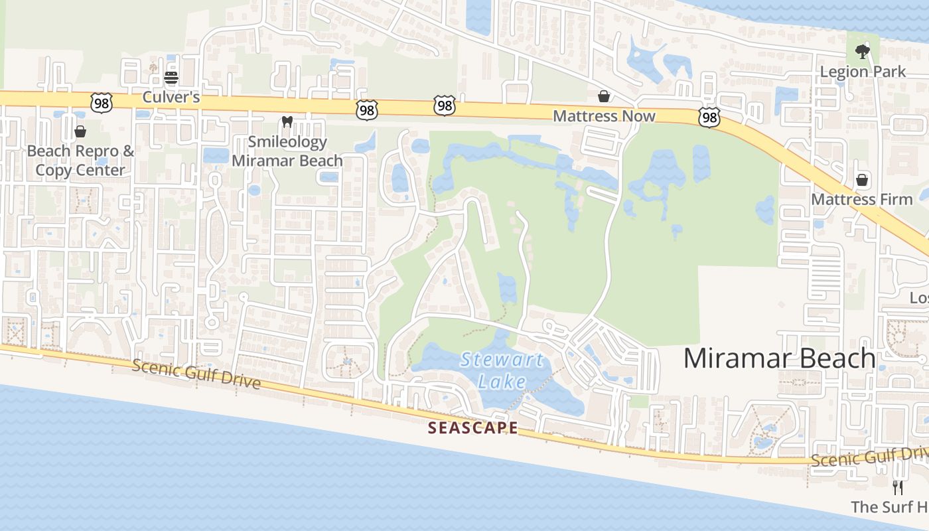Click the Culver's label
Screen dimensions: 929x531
tap(171, 98)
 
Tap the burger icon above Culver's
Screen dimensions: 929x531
tap(171, 78)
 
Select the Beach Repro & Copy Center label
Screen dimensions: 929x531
tap(80, 161)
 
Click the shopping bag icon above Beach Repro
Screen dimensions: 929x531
tap(80, 131)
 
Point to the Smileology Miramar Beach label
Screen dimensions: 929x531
tap(287, 151)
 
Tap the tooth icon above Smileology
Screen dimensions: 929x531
tap(287, 121)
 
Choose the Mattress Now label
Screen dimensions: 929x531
tap(604, 116)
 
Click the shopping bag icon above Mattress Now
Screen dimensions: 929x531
tap(604, 97)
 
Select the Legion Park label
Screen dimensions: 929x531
tap(863, 72)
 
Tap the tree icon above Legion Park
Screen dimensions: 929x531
tap(862, 51)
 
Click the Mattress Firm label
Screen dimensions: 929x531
tap(862, 199)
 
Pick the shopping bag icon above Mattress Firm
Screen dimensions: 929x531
tap(862, 180)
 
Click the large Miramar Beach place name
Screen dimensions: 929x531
tap(779, 358)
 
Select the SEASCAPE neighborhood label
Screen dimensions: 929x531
tap(472, 428)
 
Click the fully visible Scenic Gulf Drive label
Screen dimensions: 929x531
tap(196, 374)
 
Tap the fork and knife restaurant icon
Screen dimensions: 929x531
tap(898, 488)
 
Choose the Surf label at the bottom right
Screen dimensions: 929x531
tap(889, 507)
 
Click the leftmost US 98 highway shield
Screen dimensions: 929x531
tap(101, 102)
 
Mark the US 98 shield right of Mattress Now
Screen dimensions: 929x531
tap(709, 117)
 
